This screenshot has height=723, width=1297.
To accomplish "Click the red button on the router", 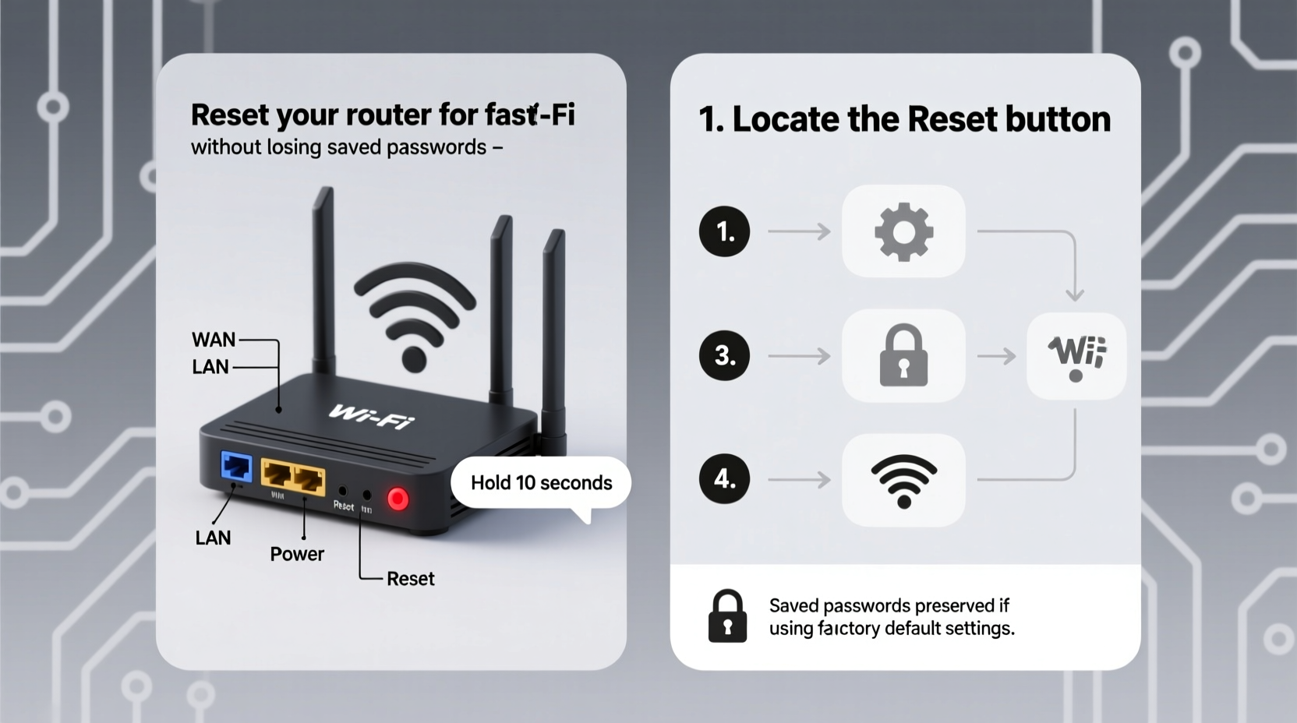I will pyautogui.click(x=398, y=499).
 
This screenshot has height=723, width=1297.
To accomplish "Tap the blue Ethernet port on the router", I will pyautogui.click(x=236, y=467).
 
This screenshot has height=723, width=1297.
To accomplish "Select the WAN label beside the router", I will pyautogui.click(x=214, y=340).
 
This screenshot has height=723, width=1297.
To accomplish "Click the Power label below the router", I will pyautogui.click(x=296, y=554).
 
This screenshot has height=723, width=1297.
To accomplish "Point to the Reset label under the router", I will pyautogui.click(x=410, y=579).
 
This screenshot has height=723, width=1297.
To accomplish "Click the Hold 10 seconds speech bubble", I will pyautogui.click(x=541, y=483).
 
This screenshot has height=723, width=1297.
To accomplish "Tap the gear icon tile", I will pyautogui.click(x=903, y=231).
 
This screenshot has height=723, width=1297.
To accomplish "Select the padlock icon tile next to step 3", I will pyautogui.click(x=903, y=356).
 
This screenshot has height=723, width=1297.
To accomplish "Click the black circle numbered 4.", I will pyautogui.click(x=724, y=478).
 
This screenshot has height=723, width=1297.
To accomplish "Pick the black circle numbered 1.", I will pyautogui.click(x=724, y=231).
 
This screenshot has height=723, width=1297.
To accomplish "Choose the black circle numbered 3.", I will pyautogui.click(x=724, y=355).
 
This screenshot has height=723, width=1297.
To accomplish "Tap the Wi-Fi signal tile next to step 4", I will pyautogui.click(x=903, y=480).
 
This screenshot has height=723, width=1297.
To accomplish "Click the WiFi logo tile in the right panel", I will pyautogui.click(x=1076, y=356).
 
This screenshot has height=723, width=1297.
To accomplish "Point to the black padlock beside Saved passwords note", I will pyautogui.click(x=727, y=616).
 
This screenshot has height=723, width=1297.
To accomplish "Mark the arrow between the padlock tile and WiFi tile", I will pyautogui.click(x=996, y=356).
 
